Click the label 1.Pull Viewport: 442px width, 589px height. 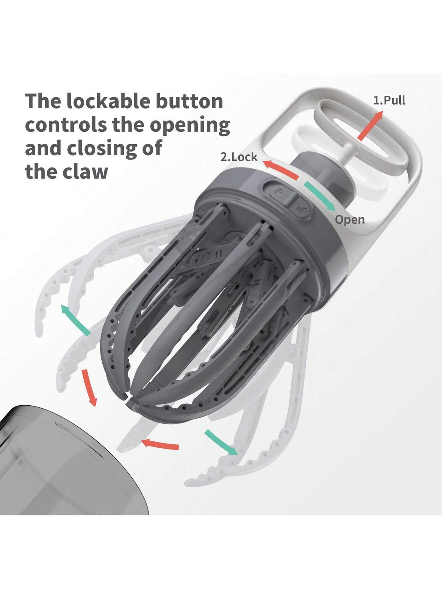389,100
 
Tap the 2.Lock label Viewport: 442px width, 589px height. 239,157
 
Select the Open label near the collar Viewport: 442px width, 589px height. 350,220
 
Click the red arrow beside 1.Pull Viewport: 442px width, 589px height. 370,126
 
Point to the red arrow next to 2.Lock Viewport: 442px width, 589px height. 281,170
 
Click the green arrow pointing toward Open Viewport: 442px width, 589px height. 320,195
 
